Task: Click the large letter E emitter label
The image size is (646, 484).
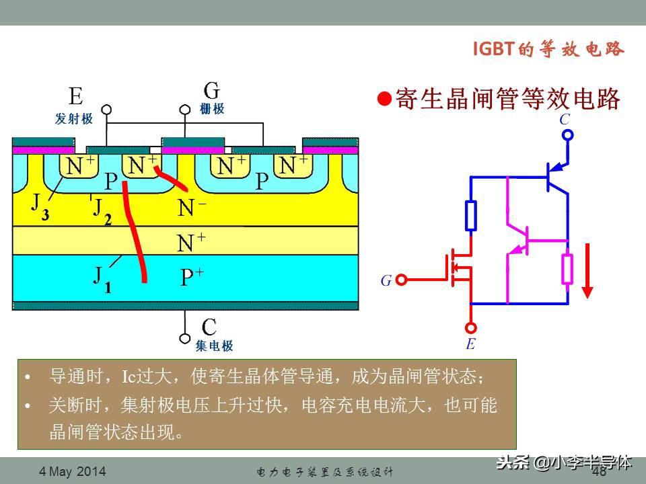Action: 75,97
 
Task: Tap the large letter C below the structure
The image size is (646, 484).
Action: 209,327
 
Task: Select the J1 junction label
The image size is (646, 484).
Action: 100,278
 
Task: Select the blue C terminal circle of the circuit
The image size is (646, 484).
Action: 567,135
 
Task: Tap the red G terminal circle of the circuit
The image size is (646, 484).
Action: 402,280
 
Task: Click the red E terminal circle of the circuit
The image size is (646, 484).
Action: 470,327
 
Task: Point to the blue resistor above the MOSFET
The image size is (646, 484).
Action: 471,214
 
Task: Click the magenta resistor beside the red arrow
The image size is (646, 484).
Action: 567,269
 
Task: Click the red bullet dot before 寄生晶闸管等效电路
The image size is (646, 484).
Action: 384,99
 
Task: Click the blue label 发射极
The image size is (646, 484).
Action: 74,119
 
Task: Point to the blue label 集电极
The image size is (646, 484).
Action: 214,346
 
